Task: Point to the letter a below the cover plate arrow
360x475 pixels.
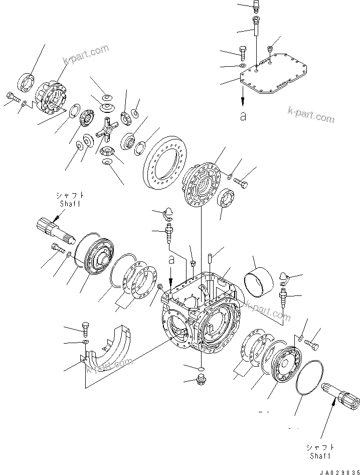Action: point(243,116)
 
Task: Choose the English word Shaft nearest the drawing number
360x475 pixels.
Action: point(320,456)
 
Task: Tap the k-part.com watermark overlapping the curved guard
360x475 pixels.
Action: point(105,368)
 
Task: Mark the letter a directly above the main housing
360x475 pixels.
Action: point(171,259)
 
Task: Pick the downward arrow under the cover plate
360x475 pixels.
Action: point(243,100)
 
